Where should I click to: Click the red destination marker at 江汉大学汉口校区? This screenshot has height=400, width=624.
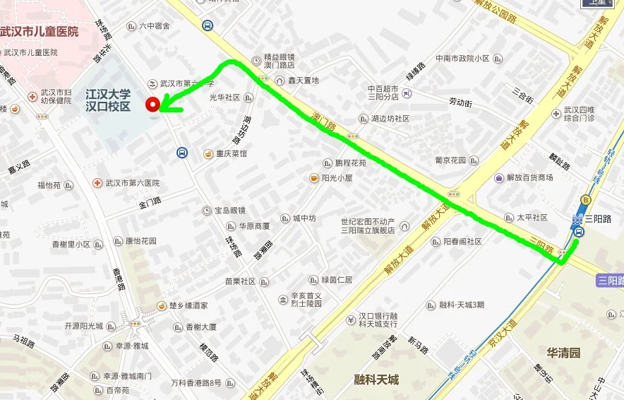click(x=152, y=105)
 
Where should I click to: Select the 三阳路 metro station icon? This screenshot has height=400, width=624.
click(x=578, y=231)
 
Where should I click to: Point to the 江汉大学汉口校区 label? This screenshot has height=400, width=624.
click(x=108, y=100)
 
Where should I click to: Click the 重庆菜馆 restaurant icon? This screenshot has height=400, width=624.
click(x=208, y=153)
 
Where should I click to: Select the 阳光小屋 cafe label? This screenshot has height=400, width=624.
click(x=337, y=178)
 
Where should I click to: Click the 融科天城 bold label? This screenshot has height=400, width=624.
click(x=376, y=380)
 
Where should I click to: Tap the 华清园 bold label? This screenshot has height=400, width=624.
click(x=563, y=352)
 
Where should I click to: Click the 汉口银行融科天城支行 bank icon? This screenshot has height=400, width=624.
click(x=350, y=319)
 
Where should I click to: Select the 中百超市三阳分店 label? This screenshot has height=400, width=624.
click(x=383, y=93)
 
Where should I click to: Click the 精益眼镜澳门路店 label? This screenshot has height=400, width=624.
click(x=279, y=61)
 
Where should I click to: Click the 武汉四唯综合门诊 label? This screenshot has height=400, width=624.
click(x=579, y=114)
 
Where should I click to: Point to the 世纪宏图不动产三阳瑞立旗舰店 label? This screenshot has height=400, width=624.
click(x=368, y=225)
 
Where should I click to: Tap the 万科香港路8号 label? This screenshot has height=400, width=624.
click(x=196, y=383)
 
